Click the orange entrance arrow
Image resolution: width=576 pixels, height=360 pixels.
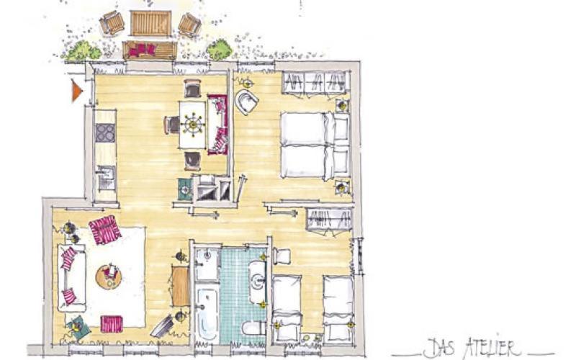click(x=76, y=91)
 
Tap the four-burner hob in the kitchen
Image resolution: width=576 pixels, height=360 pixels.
click(x=105, y=132)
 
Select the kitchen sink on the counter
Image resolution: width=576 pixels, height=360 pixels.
click(x=106, y=179)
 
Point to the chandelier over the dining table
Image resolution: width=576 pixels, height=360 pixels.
click(x=193, y=124)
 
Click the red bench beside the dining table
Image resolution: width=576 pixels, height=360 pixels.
click(x=218, y=125)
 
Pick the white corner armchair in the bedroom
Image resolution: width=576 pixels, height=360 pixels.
click(x=246, y=102)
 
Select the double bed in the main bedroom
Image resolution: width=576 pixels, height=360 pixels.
click(x=315, y=145)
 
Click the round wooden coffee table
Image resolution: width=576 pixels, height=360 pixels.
click(x=109, y=276)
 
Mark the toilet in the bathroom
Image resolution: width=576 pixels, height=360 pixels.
click(x=254, y=328)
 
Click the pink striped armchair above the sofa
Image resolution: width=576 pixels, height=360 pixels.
click(x=104, y=230)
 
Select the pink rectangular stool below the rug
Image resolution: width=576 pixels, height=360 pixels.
click(x=112, y=324)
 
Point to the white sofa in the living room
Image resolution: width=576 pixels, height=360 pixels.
click(x=71, y=278)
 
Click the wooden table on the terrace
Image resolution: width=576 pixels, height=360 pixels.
click(x=151, y=23)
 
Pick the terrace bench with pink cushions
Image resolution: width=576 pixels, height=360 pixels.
click(x=150, y=50)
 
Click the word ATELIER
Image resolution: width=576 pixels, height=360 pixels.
click(x=493, y=348)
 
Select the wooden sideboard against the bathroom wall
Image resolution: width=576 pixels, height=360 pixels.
click(x=181, y=286)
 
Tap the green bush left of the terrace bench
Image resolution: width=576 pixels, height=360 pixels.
click(x=82, y=51)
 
